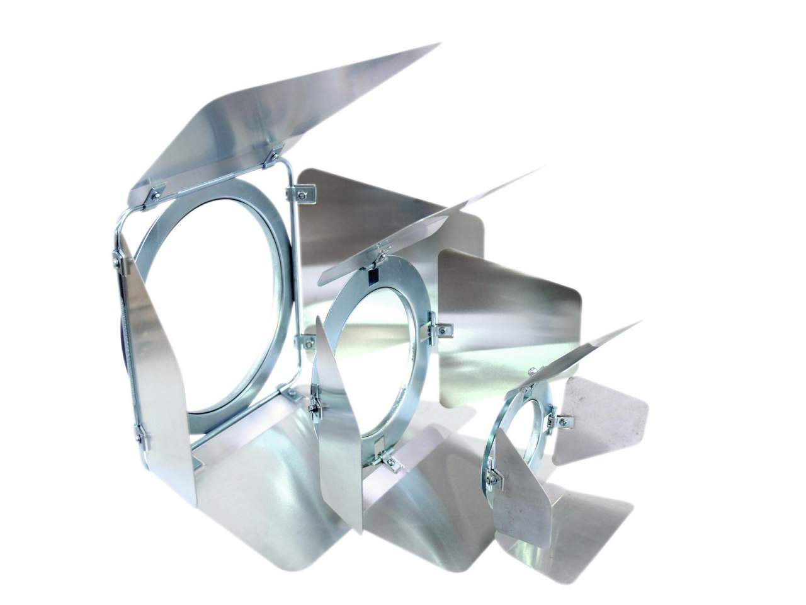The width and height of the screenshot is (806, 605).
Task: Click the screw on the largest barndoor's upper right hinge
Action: pyautogui.click(x=300, y=195)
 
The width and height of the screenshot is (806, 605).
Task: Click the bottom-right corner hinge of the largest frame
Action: pyautogui.click(x=291, y=395)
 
